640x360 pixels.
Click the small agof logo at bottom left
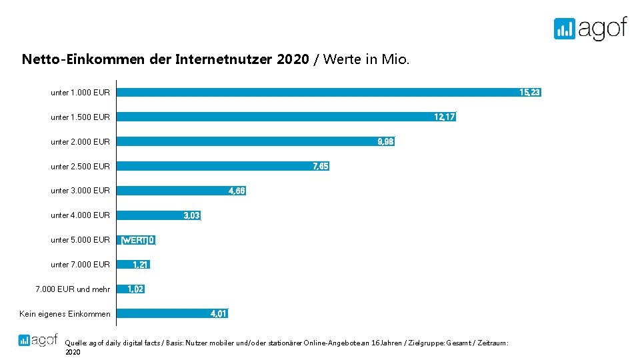[39, 339]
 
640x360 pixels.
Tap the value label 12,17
[444, 117]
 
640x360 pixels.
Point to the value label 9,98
[385, 141]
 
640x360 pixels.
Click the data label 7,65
[320, 166]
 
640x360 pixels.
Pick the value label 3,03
[191, 215]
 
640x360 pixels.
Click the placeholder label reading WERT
[134, 240]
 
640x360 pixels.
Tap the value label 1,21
[140, 265]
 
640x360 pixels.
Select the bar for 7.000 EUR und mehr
[122, 289]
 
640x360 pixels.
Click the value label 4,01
[219, 313]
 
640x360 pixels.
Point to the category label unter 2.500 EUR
[80, 166]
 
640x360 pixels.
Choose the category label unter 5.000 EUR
[80, 240]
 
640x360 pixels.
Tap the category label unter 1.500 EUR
[80, 117]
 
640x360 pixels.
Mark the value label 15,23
[529, 93]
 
